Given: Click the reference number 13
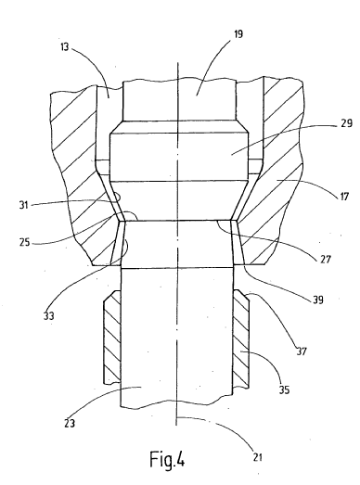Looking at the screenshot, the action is (64, 47).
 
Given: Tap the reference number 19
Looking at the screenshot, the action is (238, 34).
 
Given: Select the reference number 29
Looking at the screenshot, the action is (346, 123).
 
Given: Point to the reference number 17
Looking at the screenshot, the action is (344, 196).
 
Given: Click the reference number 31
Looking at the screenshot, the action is (23, 205).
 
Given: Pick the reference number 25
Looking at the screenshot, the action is (24, 241).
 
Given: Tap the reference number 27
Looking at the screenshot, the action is (326, 259).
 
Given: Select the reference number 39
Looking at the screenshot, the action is (318, 300).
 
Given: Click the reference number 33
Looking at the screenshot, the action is (48, 316).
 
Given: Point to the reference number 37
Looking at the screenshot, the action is (302, 351).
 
